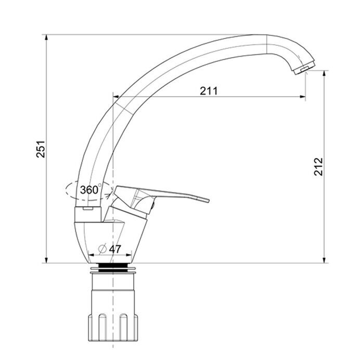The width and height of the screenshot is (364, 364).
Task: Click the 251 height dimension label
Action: click(x=41, y=149)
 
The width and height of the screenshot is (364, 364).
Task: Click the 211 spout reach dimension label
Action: click(x=209, y=91)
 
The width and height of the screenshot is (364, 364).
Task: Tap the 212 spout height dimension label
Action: click(x=318, y=166)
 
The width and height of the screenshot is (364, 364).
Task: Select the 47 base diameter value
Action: click(x=115, y=249)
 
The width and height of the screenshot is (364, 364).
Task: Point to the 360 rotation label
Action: click(x=89, y=190)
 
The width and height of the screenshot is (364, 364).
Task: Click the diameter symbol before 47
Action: click(x=102, y=249)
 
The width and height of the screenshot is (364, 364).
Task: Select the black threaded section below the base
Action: click(x=113, y=267)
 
